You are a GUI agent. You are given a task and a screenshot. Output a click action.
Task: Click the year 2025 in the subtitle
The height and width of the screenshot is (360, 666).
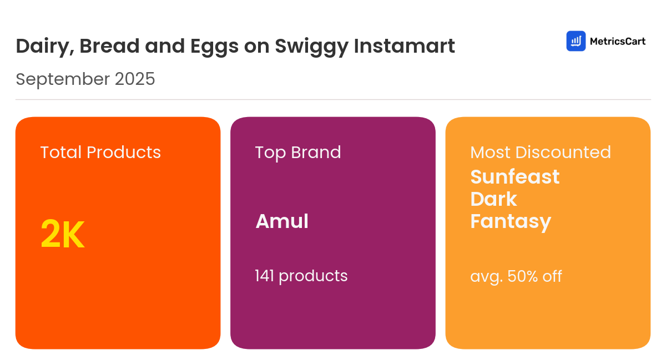click(135, 79)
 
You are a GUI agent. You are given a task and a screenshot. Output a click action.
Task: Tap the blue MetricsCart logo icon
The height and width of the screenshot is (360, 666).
click(576, 41)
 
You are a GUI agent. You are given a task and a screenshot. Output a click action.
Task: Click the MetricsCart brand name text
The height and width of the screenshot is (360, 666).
click(617, 41)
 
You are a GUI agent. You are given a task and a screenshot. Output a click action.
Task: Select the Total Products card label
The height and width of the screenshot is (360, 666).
click(100, 152)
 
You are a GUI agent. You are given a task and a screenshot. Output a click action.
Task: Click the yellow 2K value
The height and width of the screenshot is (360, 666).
click(62, 235)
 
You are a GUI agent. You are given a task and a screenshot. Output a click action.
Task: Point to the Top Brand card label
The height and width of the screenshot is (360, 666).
click(298, 152)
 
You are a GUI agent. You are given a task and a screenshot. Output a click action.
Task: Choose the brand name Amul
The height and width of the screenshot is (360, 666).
click(282, 221)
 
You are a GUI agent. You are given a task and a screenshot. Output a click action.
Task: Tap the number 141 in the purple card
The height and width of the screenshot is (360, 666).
click(264, 276)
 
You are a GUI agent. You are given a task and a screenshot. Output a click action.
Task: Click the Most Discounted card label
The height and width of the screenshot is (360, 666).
click(541, 152)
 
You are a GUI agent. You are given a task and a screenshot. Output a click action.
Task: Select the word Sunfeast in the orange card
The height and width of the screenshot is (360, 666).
click(515, 177)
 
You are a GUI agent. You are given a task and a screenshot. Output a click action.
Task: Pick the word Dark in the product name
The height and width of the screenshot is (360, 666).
click(493, 199)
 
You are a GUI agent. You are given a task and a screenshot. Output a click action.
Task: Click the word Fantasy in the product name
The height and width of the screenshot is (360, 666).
click(511, 221)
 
